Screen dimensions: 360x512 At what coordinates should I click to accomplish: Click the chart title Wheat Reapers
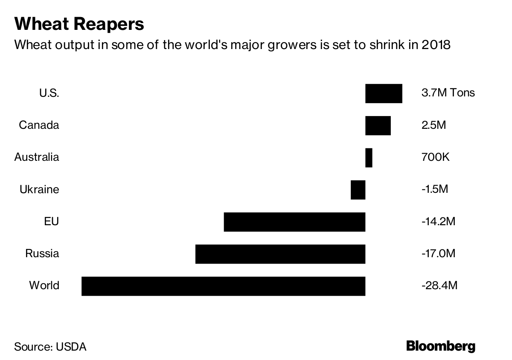pos(79,24)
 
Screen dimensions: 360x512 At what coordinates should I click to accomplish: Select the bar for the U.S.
pos(384,93)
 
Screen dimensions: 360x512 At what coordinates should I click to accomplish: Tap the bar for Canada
pos(378,125)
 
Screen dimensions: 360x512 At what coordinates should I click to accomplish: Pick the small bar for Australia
pos(369,158)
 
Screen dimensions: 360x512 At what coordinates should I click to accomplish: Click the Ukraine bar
pos(358,190)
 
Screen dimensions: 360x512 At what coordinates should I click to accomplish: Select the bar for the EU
pos(294,222)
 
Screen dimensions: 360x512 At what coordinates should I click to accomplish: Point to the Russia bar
pos(280,254)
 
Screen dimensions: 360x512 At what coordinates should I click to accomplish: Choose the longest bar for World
pos(223,286)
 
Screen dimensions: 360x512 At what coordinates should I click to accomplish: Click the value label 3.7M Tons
pos(448,93)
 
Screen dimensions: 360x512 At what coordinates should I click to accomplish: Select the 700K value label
pos(435,157)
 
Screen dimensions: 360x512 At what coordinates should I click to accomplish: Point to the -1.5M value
pos(434,189)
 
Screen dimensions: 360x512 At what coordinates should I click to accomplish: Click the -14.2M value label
pos(438,222)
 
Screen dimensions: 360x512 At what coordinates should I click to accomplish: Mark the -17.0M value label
pos(438,254)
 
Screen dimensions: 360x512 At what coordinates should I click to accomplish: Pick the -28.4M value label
pos(439,285)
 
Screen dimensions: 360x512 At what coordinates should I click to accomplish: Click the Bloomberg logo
pos(440,346)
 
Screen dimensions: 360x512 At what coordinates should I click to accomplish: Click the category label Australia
pos(37,157)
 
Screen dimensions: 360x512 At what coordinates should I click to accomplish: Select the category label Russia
pos(42,254)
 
